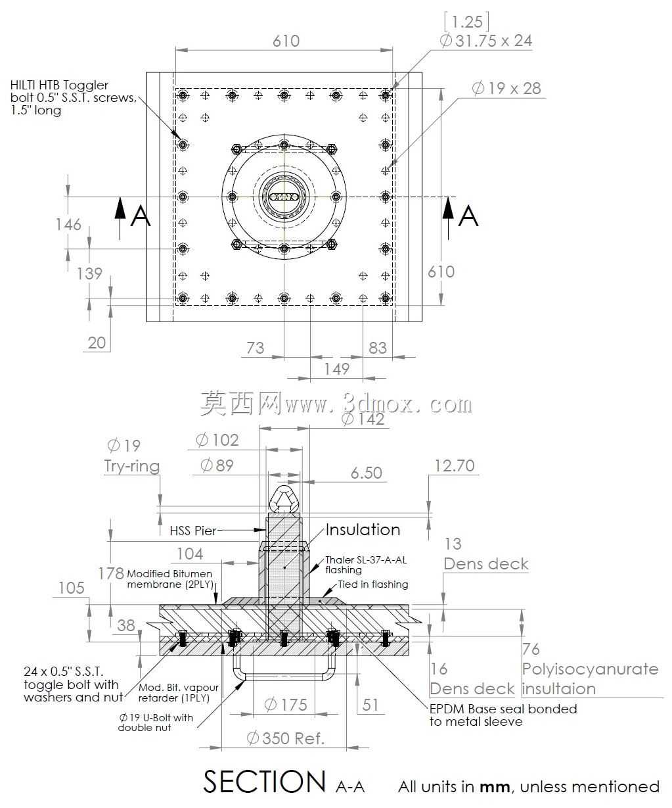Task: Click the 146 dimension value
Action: pos(68,224)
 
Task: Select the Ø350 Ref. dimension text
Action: pos(285,738)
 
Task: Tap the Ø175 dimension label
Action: pos(286,705)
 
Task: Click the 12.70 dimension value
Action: pos(455,465)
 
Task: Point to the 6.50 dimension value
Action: pos(366,473)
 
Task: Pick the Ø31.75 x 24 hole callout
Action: pos(486,41)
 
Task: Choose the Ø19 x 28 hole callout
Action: pos(506,88)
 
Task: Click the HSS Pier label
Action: pos(193,531)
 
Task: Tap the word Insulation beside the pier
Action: pos(363,529)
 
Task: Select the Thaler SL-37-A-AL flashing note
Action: pos(366,565)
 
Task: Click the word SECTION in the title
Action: pos(265,781)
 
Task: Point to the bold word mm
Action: pos(495,788)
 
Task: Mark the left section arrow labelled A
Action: pos(120,218)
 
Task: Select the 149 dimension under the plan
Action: pos(337,369)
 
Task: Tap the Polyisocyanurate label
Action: pos(590,669)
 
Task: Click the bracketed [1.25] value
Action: pos(466,22)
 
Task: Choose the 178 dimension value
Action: pos(111,573)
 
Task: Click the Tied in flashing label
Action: pos(373,584)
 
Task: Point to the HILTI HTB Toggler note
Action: pos(74,97)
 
